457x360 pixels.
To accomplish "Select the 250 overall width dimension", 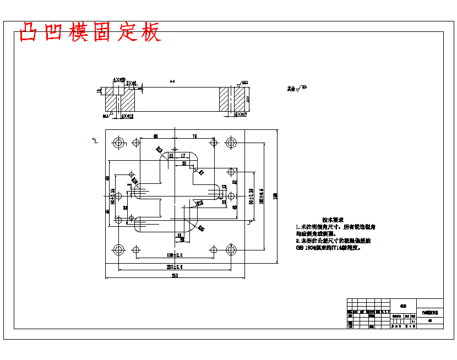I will tap(175, 275).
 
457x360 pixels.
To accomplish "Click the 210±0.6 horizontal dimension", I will tap(175, 267).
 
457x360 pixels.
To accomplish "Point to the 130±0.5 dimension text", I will tap(175, 256).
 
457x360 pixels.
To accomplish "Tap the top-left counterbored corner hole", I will tap(118, 143).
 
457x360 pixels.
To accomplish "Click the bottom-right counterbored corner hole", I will tap(231, 250).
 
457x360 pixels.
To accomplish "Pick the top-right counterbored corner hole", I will tap(231, 143).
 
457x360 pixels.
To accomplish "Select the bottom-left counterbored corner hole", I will tap(118, 250).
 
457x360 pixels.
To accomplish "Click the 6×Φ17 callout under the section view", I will tap(240, 115).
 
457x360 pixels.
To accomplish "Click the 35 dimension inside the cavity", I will tap(184, 163).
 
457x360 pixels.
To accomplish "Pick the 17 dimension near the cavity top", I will tap(183, 156).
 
